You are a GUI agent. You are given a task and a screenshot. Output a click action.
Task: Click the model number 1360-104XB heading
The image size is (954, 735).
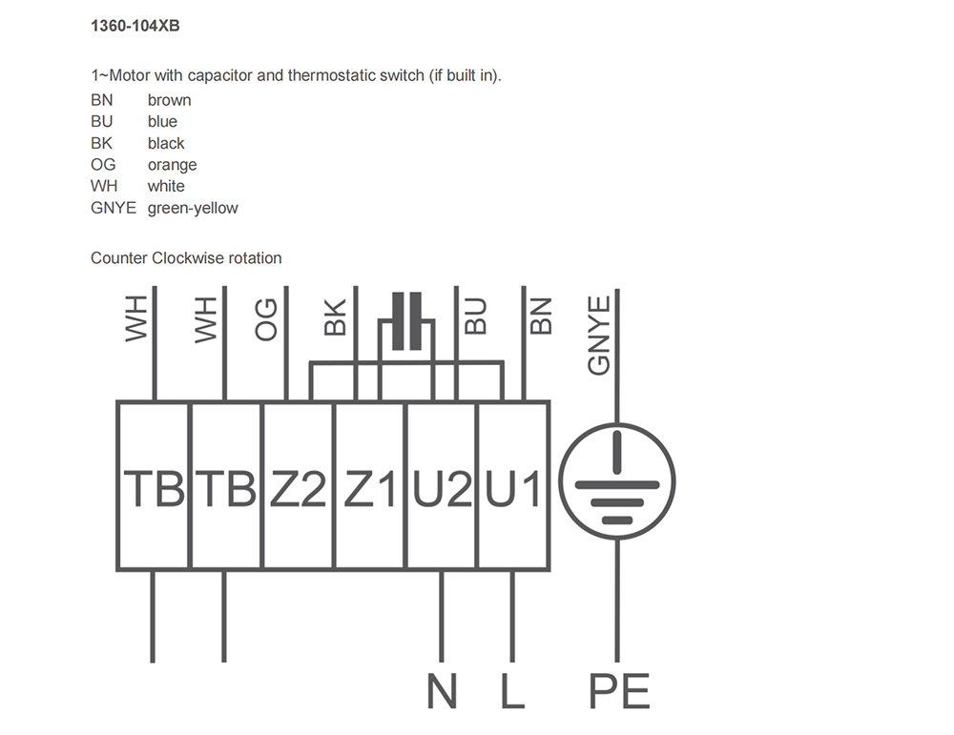(135, 26)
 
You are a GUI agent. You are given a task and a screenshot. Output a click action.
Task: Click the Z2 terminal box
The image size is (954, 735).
(298, 485)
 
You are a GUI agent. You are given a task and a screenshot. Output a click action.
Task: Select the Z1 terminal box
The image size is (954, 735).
(369, 485)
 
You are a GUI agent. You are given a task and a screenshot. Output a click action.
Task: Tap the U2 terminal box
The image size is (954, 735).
(441, 485)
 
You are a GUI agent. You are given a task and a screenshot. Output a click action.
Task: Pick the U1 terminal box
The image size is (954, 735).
(513, 485)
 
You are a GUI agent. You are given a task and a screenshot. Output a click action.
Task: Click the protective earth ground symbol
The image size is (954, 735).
(617, 481)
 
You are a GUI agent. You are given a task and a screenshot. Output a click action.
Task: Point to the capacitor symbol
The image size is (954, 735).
(406, 321)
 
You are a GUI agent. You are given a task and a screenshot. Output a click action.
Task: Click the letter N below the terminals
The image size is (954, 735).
(442, 691)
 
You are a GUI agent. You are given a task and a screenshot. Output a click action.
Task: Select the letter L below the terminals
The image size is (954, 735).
(512, 691)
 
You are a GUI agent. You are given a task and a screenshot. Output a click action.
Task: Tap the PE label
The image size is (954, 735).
(619, 691)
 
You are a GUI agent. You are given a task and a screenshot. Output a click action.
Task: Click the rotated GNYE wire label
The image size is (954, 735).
(599, 335)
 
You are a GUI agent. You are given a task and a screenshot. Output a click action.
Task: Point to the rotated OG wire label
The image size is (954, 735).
(266, 319)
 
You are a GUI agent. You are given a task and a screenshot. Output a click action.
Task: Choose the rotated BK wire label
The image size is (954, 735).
(335, 317)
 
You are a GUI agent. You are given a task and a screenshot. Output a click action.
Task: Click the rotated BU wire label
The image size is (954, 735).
(476, 316)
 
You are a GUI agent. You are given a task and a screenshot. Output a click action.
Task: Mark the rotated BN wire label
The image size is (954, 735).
(541, 316)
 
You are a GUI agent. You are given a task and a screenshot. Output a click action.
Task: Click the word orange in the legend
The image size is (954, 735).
(172, 165)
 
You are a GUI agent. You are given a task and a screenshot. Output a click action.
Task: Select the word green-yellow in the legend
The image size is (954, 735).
(193, 208)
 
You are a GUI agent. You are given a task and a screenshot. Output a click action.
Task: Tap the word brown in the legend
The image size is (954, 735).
(169, 100)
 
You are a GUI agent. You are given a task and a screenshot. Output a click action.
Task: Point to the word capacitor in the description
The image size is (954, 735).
(220, 76)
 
